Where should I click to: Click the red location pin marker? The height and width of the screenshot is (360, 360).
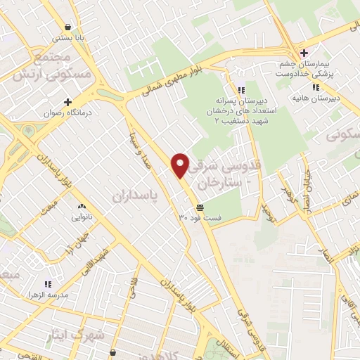pos(181,165)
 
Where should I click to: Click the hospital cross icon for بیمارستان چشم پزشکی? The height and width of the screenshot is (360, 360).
pos(304,52)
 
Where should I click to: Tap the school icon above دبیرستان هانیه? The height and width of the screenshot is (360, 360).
pos(316,86)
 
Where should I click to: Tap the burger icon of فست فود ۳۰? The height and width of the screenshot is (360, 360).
pos(200,207)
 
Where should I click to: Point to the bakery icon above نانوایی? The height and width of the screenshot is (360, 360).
pos(82,207)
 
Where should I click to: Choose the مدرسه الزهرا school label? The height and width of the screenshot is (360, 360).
pos(48,295)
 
